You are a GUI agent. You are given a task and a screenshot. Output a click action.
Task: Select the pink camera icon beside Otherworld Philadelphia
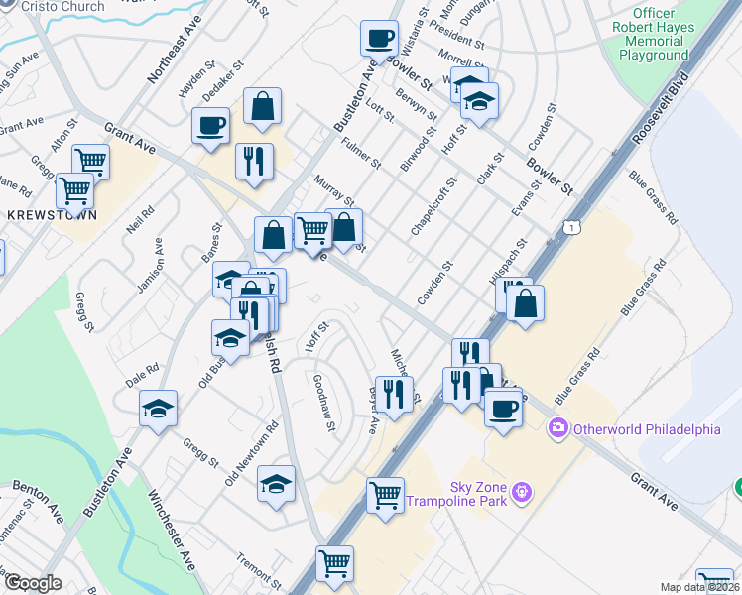coord(557,428)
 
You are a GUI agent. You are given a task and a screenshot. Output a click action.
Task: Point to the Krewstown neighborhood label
coord(43,214)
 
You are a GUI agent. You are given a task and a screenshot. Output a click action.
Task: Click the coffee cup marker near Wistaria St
coord(379,40)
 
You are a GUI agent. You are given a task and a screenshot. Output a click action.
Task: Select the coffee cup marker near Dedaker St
coord(211,126)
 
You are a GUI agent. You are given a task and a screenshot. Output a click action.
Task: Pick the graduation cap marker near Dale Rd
coord(158,409)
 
